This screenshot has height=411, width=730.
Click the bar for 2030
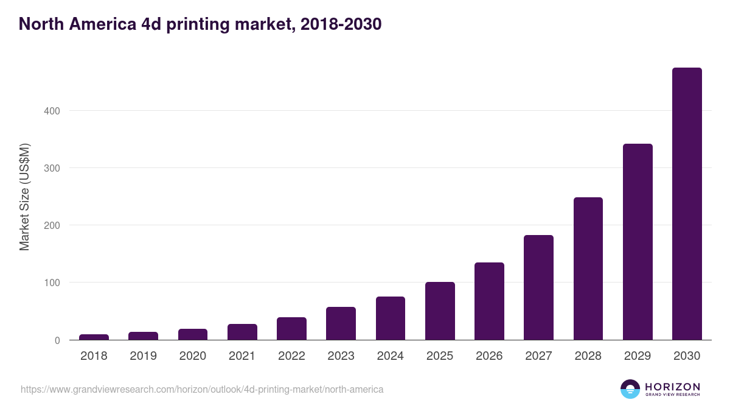click(x=687, y=204)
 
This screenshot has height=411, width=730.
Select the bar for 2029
click(x=638, y=242)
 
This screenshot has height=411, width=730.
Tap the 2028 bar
click(x=588, y=269)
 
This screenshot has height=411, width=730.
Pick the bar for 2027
click(x=538, y=287)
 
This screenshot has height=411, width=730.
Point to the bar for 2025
click(x=440, y=311)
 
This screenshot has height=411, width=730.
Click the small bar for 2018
click(x=94, y=337)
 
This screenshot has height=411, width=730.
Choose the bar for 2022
click(x=291, y=329)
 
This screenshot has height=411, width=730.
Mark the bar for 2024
click(x=390, y=318)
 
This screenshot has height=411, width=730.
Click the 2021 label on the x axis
click(x=242, y=356)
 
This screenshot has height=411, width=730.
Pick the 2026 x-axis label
click(x=489, y=356)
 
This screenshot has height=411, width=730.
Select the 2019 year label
click(x=143, y=356)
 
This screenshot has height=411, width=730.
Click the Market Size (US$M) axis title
click(x=24, y=197)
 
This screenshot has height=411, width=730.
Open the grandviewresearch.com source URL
click(x=202, y=389)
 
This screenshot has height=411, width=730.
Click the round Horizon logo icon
click(x=630, y=389)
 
